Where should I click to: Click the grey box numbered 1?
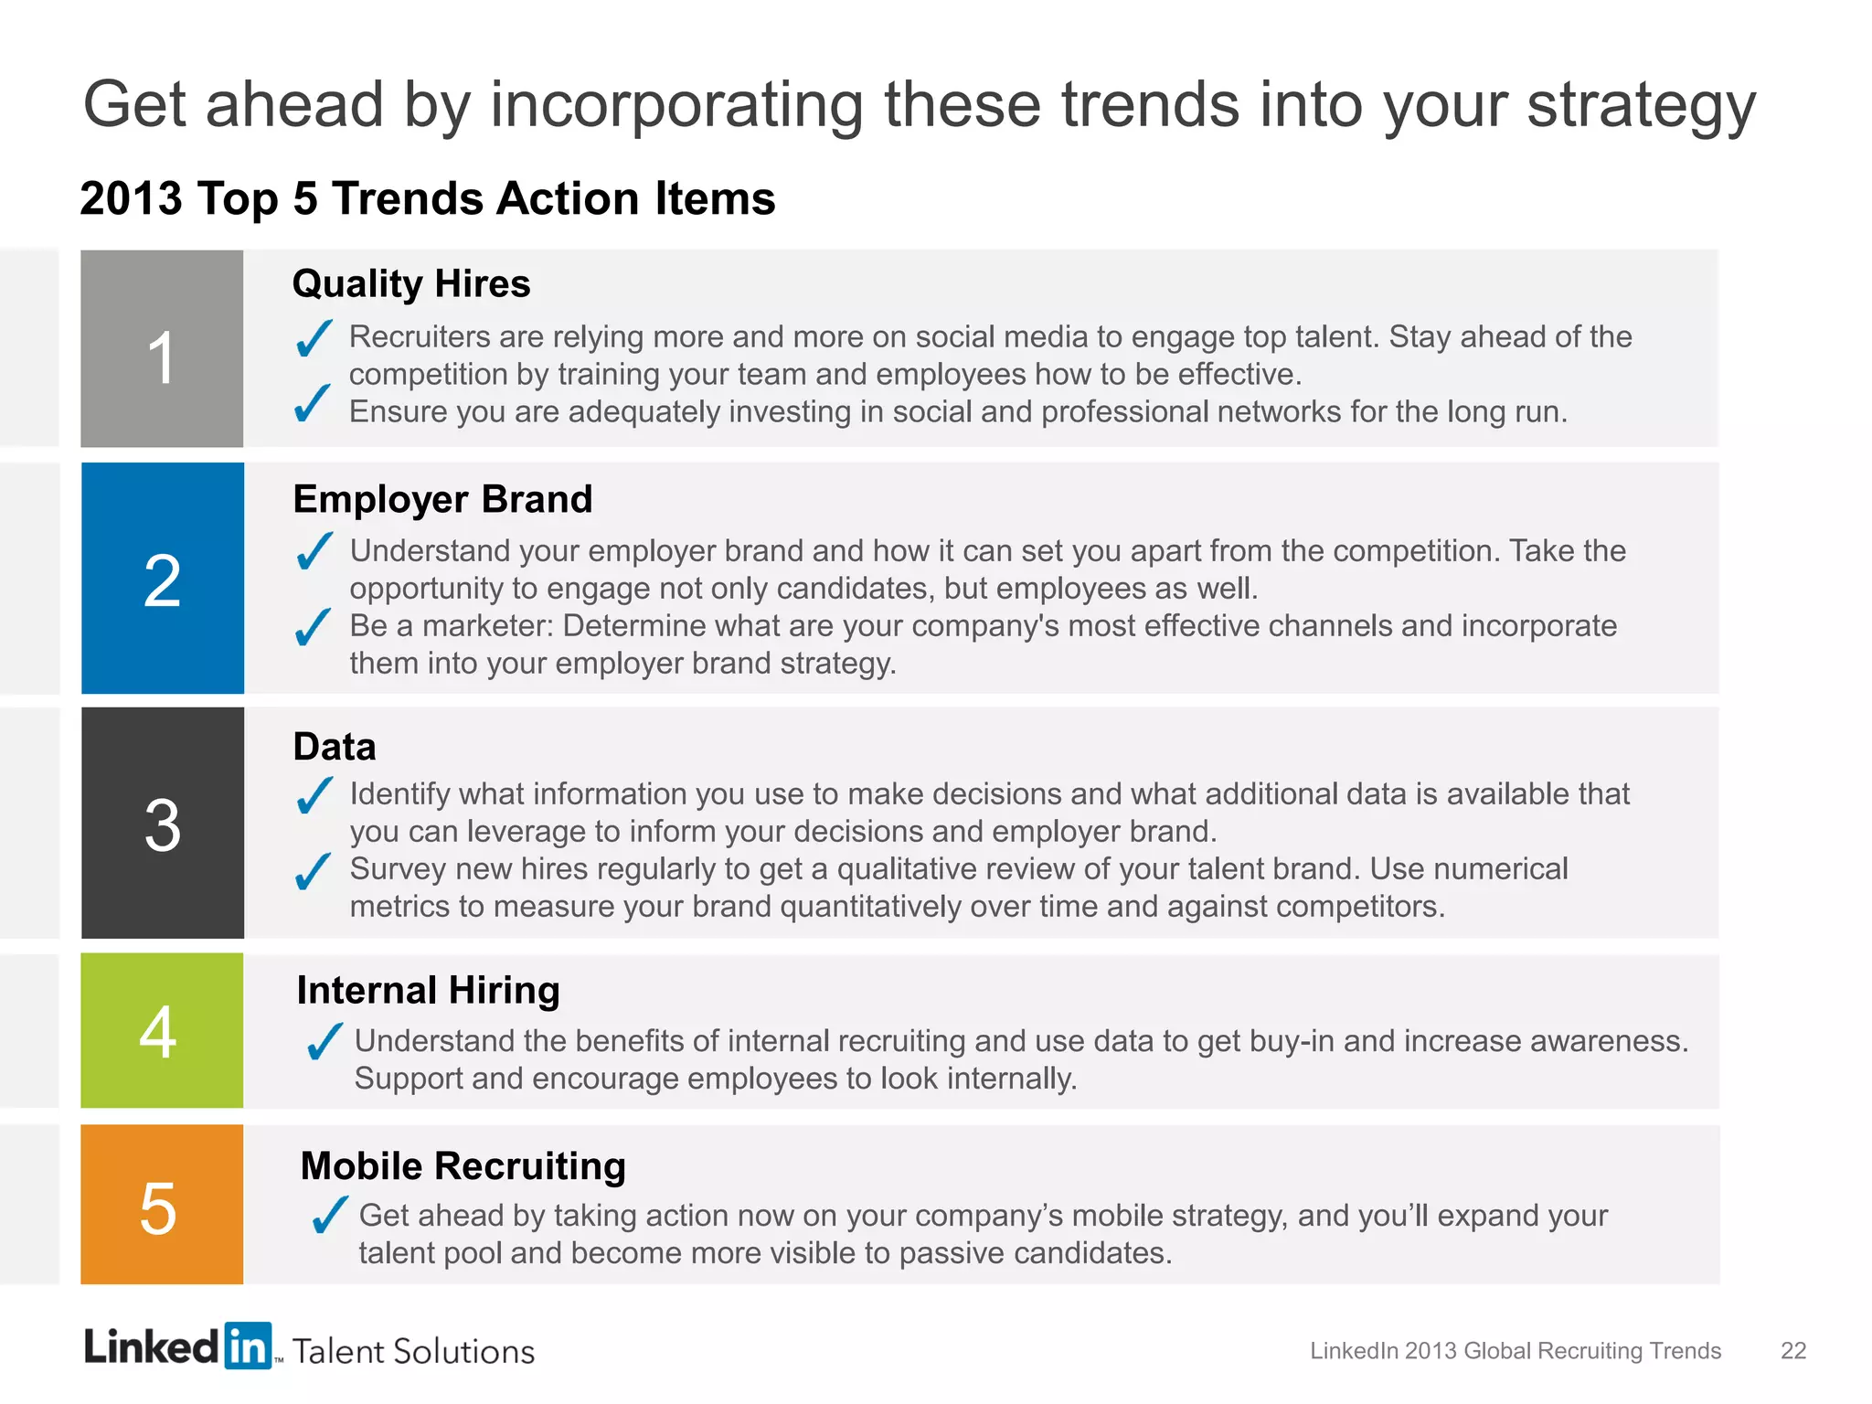pyautogui.click(x=162, y=348)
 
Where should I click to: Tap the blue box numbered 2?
pyautogui.click(x=163, y=578)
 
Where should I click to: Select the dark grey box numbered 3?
pyautogui.click(x=163, y=823)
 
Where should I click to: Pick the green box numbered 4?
pyautogui.click(x=162, y=1030)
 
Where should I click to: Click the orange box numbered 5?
pyautogui.click(x=162, y=1204)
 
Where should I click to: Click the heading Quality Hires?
pyautogui.click(x=411, y=283)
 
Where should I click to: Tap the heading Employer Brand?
pyautogui.click(x=442, y=499)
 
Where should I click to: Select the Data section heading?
pyautogui.click(x=335, y=747)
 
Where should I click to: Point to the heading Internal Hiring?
pyautogui.click(x=428, y=990)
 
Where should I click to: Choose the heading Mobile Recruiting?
pyautogui.click(x=463, y=1166)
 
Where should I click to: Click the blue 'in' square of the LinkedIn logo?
pyautogui.click(x=248, y=1345)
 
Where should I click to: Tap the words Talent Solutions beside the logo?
pyautogui.click(x=413, y=1351)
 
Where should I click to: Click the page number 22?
pyautogui.click(x=1792, y=1351)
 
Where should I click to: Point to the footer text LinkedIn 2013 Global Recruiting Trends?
pyautogui.click(x=1515, y=1351)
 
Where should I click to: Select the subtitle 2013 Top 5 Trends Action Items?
pyautogui.click(x=428, y=198)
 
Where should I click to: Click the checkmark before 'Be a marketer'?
pyautogui.click(x=314, y=627)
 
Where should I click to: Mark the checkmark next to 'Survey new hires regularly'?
pyautogui.click(x=314, y=870)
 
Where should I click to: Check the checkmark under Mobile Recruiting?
pyautogui.click(x=328, y=1215)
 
